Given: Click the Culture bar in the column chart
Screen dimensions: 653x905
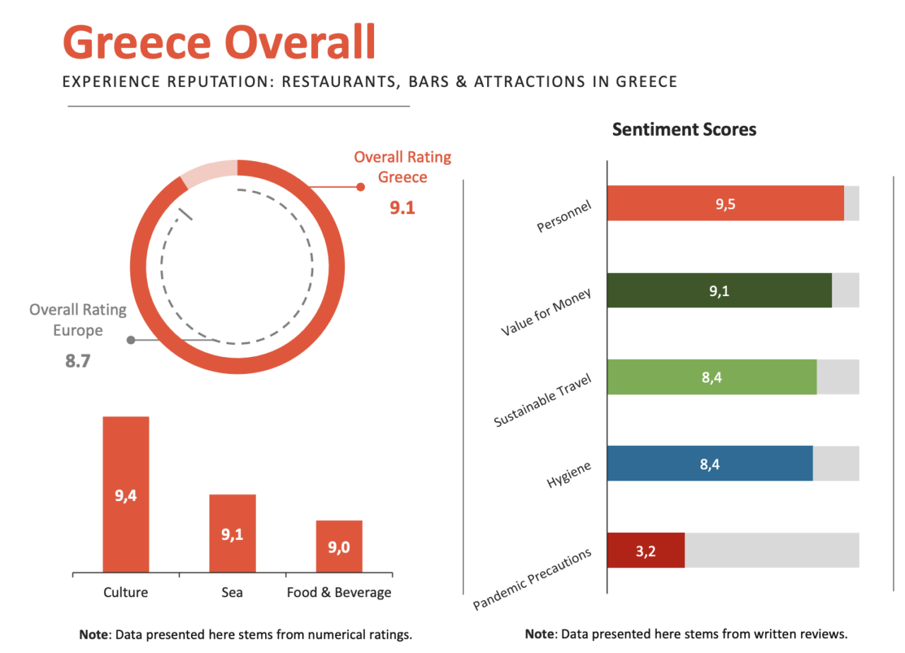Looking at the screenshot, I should coord(126,494).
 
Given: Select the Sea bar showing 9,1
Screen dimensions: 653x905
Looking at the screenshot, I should coord(232,533).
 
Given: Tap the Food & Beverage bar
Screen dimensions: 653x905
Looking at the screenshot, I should coord(339,546).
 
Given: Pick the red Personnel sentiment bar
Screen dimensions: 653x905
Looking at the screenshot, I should coord(725,204).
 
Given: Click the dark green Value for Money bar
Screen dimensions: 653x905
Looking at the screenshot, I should coord(719,290).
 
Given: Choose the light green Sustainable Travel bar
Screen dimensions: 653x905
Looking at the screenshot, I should coord(711,377).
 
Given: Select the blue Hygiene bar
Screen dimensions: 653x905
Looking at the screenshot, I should coord(710,464).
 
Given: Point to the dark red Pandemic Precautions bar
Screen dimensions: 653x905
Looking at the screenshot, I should coord(646,551).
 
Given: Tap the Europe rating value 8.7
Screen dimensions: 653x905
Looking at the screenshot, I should coord(78,361).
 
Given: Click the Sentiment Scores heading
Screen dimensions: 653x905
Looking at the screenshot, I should coord(684,129).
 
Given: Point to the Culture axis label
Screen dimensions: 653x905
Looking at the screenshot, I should coord(126,592).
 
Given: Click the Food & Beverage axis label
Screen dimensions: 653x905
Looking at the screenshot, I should coord(339,592).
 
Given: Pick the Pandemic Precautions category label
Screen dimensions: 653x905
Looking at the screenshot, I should coord(532,580).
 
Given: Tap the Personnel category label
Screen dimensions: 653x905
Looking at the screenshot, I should coord(564,216).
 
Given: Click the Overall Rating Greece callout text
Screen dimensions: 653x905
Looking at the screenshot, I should coord(402,166).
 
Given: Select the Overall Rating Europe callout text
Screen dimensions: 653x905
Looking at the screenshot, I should coord(78,319).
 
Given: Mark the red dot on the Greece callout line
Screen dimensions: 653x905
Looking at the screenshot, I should coord(361,187).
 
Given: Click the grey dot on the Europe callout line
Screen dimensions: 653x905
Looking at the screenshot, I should coord(131,340).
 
